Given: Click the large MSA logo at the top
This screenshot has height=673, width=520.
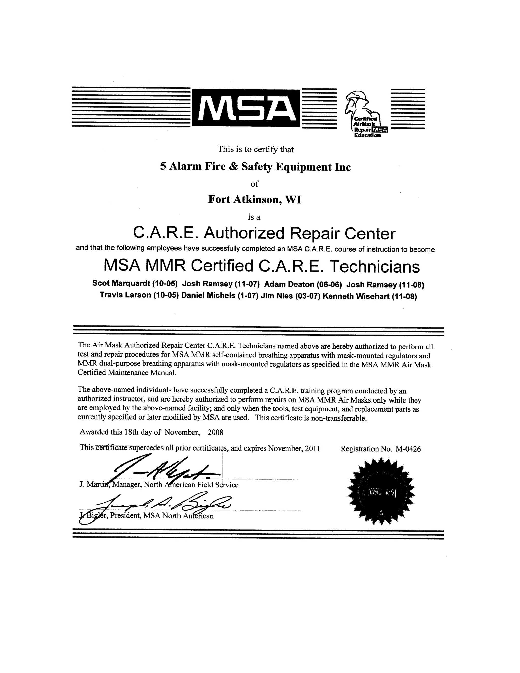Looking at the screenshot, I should (246, 108).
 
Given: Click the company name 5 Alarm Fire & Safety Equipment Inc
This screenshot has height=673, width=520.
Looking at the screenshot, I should (255, 167).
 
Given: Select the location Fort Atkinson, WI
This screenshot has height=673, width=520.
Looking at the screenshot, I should (254, 199).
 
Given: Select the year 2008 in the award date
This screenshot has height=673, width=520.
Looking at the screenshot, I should (215, 432).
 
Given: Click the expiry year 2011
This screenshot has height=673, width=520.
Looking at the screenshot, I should (312, 448).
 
